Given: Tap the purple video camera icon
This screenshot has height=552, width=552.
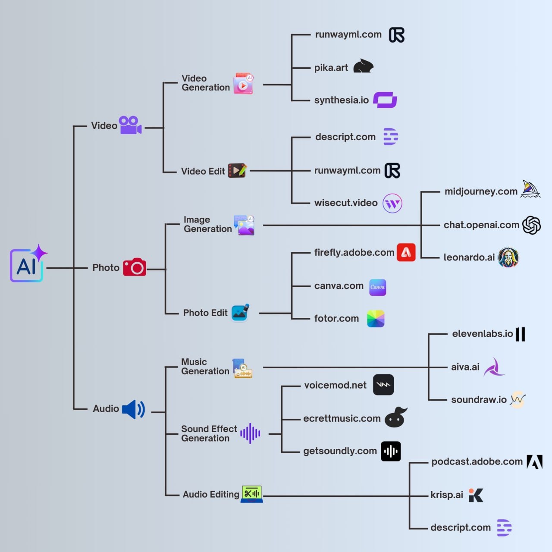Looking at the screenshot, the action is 130,125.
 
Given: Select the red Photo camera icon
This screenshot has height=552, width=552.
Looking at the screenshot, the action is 135,267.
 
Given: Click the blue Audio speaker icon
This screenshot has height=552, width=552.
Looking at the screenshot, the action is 134,409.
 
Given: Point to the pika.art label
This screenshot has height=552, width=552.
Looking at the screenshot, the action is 331,68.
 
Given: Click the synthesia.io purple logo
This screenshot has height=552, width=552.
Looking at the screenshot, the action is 385,100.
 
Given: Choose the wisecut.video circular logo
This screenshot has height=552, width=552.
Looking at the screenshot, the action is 392,204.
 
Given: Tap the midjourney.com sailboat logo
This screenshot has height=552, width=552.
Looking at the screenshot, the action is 530,189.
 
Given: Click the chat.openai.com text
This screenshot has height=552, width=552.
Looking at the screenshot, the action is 481,225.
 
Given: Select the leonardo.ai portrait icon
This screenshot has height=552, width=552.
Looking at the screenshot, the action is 508,257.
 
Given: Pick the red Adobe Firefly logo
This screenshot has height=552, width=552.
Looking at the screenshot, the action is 406,252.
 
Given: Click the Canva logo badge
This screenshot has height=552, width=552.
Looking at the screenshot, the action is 377,287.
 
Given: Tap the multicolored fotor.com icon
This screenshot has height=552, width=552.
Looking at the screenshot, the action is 376,319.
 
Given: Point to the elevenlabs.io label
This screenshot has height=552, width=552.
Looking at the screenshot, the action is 483,334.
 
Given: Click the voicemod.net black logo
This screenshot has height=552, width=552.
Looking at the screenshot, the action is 383,385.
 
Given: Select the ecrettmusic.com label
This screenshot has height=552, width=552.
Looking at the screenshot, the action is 342,418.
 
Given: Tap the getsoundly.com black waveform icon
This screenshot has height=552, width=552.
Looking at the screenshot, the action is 391,452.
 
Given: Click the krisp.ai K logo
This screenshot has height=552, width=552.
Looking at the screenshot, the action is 476,495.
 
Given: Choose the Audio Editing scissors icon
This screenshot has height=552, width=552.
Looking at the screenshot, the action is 252,494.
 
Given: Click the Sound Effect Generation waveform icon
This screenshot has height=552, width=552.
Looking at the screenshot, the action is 251,433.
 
